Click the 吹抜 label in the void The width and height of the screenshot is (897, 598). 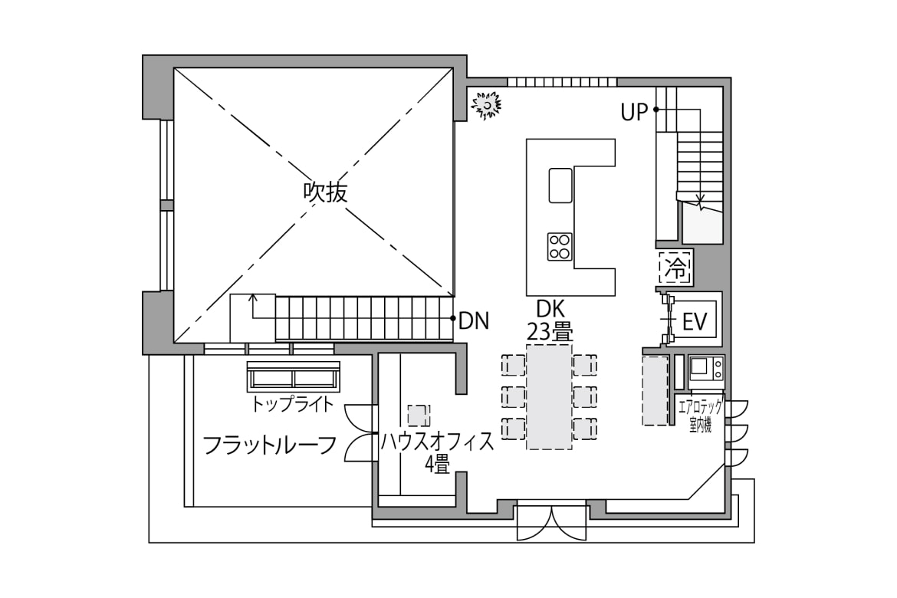click(326, 192)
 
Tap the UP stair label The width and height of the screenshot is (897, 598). click(635, 113)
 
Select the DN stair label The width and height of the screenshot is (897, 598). click(475, 321)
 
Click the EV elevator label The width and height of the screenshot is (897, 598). click(695, 322)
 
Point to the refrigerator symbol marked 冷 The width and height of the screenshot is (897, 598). click(675, 268)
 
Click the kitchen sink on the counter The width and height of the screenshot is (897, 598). click(560, 186)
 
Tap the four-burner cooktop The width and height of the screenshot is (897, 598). click(560, 247)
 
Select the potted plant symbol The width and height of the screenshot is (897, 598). click(486, 105)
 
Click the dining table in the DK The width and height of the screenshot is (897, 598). click(549, 396)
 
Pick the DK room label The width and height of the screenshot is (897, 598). click(550, 309)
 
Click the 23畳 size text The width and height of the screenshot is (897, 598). click(550, 331)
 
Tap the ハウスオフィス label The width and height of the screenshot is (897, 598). click(437, 442)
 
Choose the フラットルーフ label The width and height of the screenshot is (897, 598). click(269, 445)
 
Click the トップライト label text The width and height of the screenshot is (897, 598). click(292, 405)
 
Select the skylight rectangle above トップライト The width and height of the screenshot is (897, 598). click(294, 376)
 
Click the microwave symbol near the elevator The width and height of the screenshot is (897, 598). click(707, 369)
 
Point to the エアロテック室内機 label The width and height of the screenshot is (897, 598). click(700, 416)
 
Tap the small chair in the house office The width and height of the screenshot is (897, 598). click(419, 416)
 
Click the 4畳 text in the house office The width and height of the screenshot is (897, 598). click(438, 465)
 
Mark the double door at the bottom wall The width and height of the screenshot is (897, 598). click(551, 522)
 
